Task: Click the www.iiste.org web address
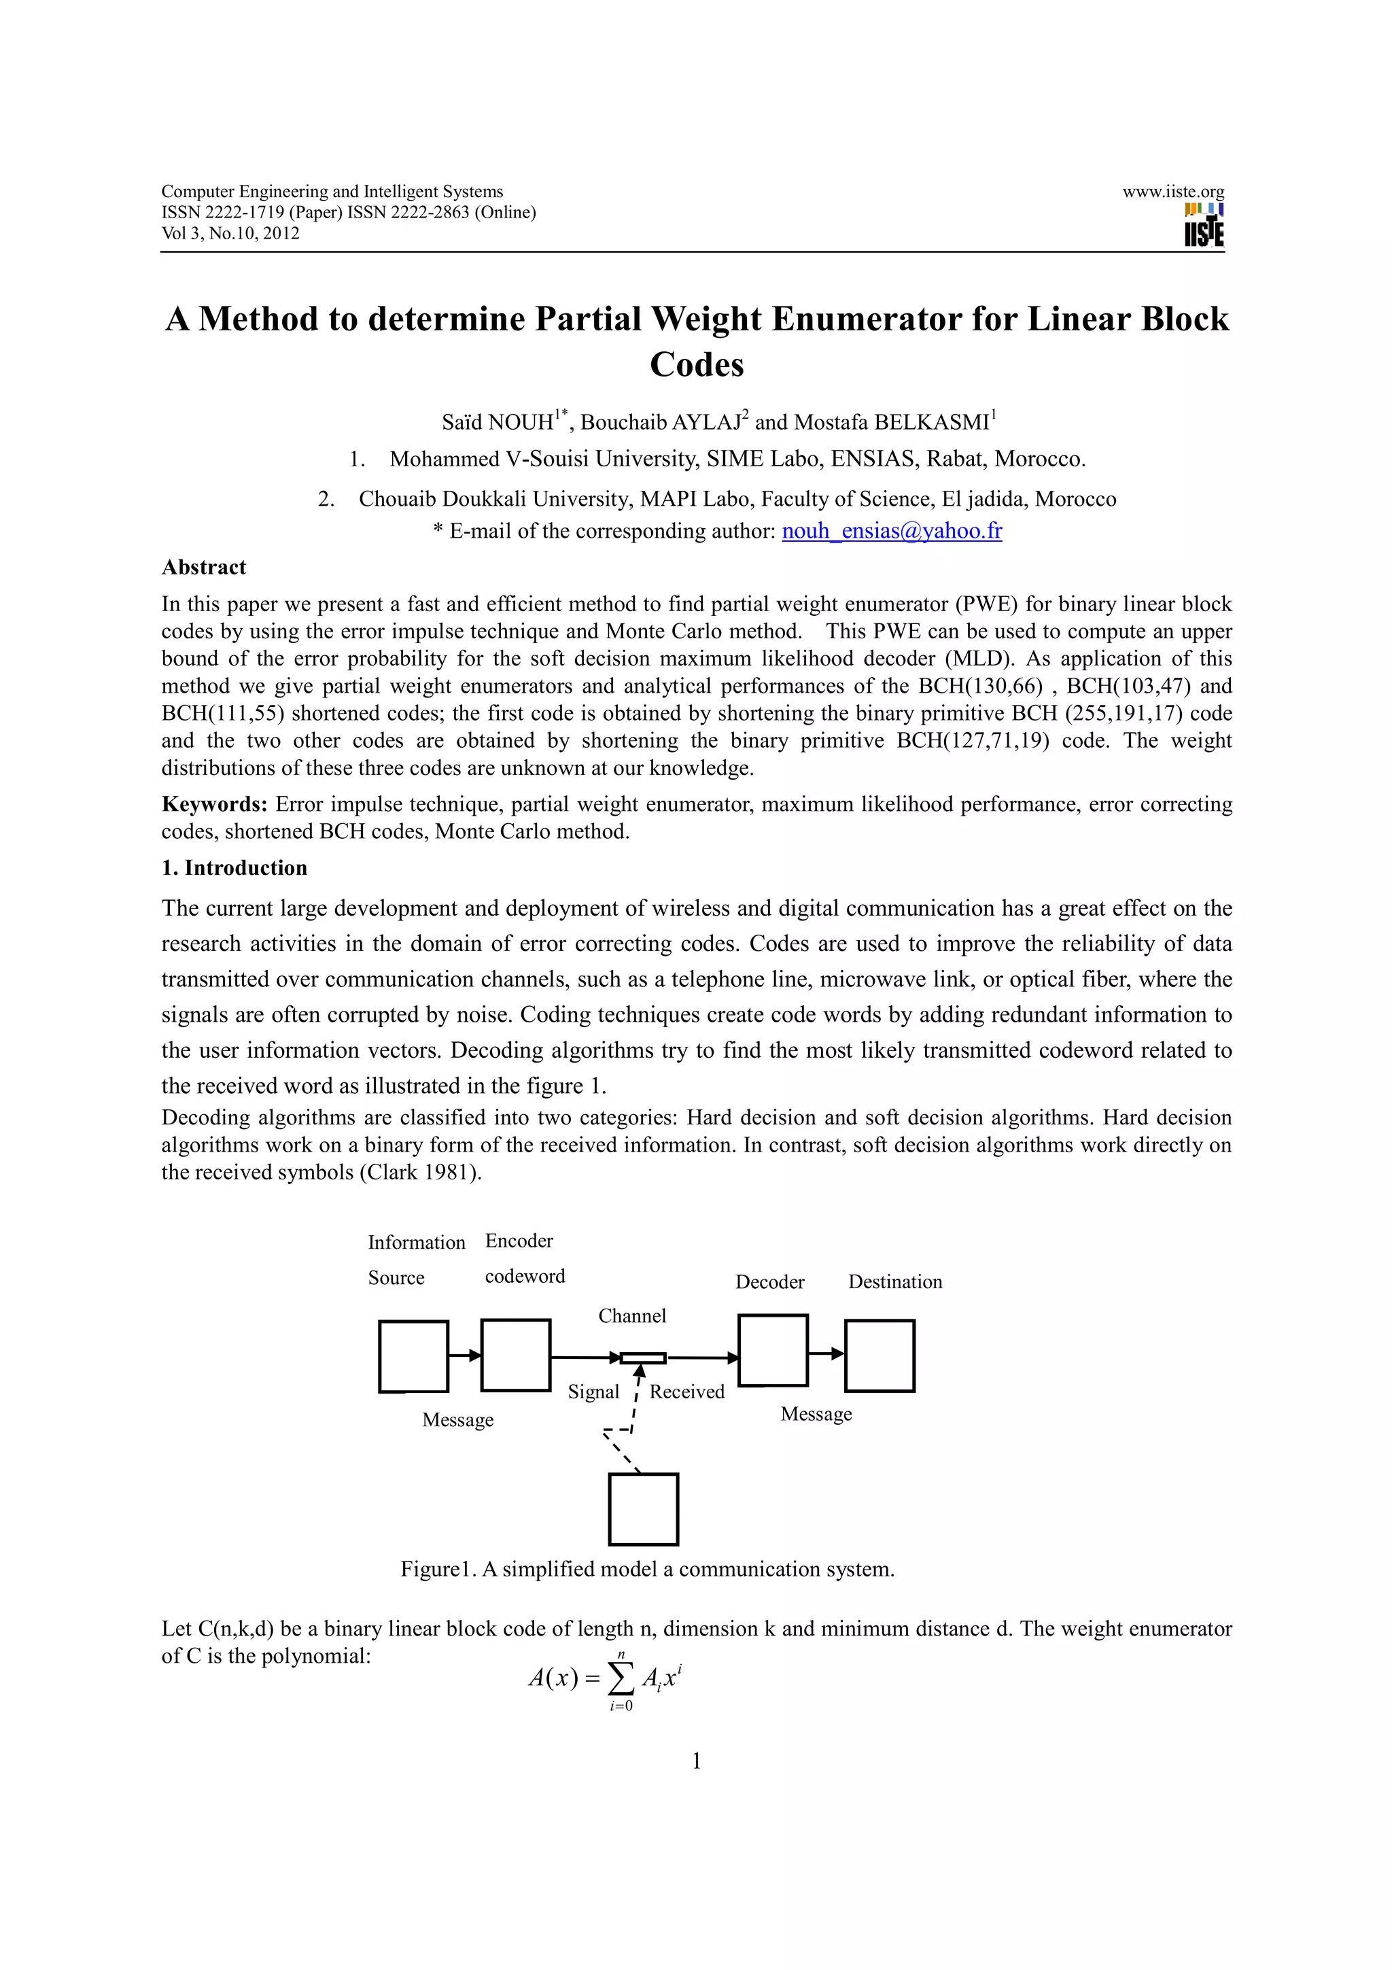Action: (1172, 191)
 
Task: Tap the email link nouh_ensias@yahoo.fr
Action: (891, 531)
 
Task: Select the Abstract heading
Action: (203, 567)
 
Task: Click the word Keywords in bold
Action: (214, 804)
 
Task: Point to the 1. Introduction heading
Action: (234, 867)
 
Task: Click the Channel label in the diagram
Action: (632, 1316)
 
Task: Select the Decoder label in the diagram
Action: (769, 1282)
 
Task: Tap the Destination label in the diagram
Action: (894, 1282)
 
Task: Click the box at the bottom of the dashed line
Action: (643, 1509)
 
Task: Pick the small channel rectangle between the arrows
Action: (643, 1358)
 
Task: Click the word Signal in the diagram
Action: (593, 1392)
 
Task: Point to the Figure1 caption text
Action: (648, 1570)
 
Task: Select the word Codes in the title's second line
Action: (697, 364)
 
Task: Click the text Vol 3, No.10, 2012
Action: (230, 233)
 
